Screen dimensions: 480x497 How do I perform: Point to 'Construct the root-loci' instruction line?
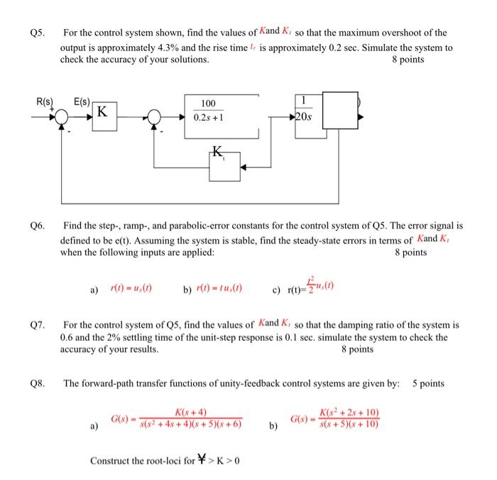[x=165, y=460]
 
